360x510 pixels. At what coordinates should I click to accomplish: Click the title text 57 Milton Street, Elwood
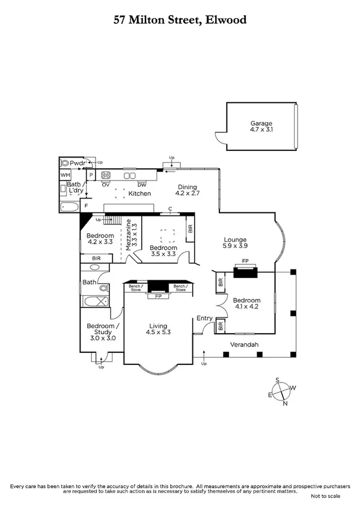(180, 20)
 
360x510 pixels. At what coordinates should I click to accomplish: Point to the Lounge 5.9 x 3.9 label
(234, 242)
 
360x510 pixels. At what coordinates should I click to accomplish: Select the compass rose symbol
(281, 392)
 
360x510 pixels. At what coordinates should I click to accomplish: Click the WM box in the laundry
(65, 175)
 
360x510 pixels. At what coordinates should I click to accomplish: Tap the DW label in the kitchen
(142, 184)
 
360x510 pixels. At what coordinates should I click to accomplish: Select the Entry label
(204, 319)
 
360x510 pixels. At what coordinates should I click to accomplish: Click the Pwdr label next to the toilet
(77, 163)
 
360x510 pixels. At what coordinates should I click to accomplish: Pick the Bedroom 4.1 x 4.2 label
(246, 304)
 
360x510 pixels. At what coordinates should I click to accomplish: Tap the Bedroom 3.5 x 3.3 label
(163, 251)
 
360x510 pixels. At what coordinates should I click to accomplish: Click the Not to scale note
(325, 496)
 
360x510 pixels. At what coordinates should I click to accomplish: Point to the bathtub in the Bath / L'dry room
(69, 207)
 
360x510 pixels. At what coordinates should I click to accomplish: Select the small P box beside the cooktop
(91, 175)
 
